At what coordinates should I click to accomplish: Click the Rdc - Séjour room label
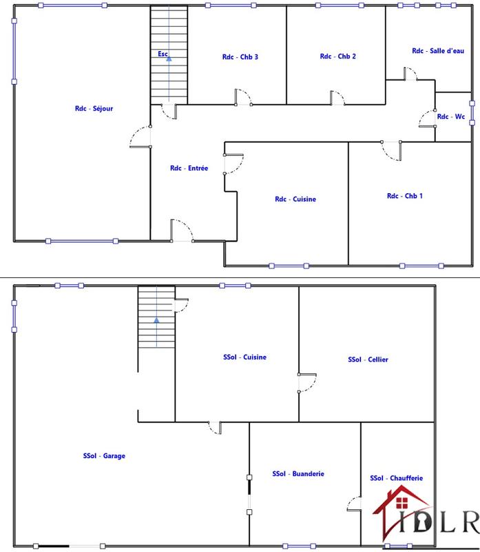tap(94, 108)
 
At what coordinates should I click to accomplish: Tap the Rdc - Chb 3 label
tap(240, 57)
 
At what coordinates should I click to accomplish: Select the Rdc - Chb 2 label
tap(338, 57)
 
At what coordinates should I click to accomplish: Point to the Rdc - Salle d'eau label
tap(438, 51)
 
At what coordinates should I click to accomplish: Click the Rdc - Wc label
tap(452, 117)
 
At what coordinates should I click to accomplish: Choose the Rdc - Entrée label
tap(189, 168)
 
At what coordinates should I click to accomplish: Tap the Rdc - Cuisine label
tap(295, 199)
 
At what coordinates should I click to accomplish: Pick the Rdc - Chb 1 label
tap(405, 196)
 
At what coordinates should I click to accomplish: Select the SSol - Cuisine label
tap(244, 357)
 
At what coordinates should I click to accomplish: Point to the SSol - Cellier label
tap(368, 359)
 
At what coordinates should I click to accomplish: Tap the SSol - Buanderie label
tap(298, 474)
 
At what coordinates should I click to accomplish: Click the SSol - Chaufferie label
tap(397, 478)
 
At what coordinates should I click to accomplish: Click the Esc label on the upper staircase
tap(163, 53)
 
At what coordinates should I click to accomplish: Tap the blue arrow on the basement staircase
tap(156, 320)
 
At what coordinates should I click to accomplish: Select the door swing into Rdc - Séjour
tap(140, 137)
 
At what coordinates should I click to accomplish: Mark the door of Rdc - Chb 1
tap(391, 148)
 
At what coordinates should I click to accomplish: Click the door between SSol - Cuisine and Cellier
tap(306, 383)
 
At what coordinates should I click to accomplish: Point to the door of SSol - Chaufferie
tap(354, 505)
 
